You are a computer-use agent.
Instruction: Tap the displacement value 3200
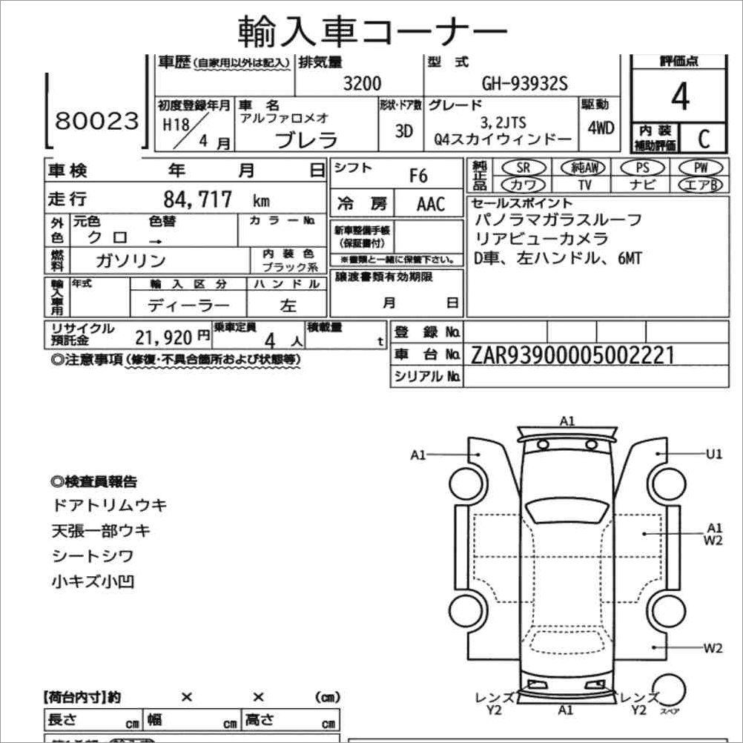click(362, 84)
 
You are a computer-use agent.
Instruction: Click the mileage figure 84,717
click(198, 199)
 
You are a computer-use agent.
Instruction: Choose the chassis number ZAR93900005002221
click(572, 355)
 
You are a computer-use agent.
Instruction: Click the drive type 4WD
click(601, 128)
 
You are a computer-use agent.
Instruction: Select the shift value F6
click(419, 176)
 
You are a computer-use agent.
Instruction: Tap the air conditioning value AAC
click(430, 204)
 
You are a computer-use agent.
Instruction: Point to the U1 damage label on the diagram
click(713, 454)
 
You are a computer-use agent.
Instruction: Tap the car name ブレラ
click(306, 139)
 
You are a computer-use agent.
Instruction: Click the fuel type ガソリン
click(131, 260)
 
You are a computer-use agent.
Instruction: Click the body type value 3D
click(403, 131)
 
